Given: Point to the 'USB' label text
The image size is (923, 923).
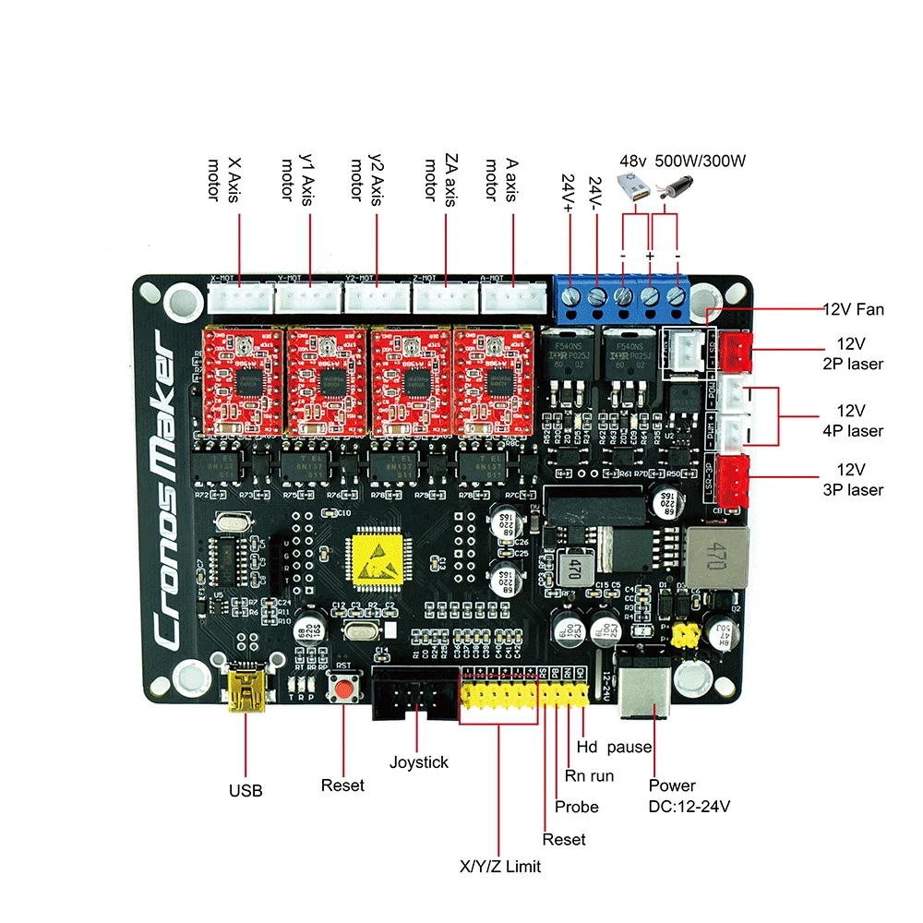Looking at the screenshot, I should (x=246, y=790).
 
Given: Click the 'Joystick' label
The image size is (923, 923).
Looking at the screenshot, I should (x=418, y=762).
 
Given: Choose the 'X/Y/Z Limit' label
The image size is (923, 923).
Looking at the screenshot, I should (x=500, y=867).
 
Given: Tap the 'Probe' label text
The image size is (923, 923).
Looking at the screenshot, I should (x=576, y=807).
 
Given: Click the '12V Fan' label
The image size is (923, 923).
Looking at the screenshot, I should (x=853, y=309).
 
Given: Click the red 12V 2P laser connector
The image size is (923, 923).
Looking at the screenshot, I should (x=737, y=349).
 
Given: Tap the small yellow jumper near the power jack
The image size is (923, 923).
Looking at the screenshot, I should (x=685, y=635).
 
